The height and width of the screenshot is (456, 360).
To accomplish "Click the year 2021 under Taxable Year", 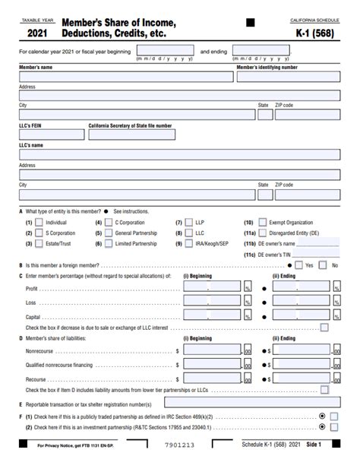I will tap(41, 33).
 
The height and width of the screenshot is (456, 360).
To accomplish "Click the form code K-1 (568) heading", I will tap(314, 33).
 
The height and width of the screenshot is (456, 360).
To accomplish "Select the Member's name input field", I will tap(126, 77).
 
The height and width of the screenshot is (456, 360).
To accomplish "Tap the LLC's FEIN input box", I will tap(51, 134).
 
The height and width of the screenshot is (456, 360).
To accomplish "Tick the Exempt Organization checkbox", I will tap(263, 223).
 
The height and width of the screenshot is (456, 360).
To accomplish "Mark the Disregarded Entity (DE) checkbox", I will tap(263, 233).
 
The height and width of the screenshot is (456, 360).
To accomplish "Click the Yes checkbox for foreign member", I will tap(298, 265).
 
